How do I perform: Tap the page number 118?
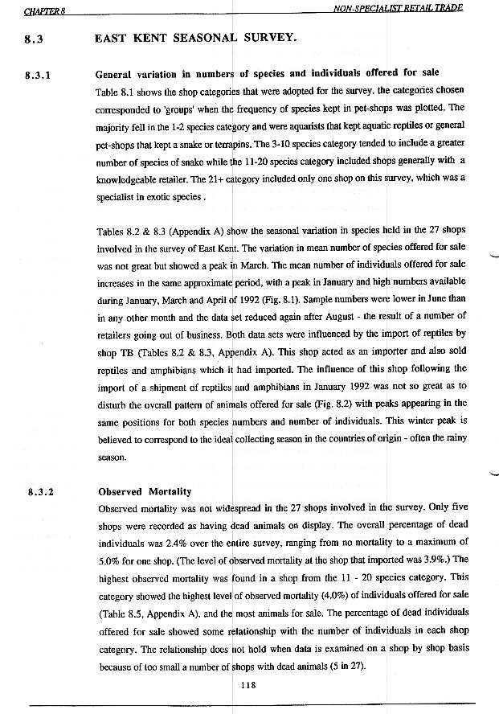(250, 685)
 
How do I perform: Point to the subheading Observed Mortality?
(143, 491)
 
